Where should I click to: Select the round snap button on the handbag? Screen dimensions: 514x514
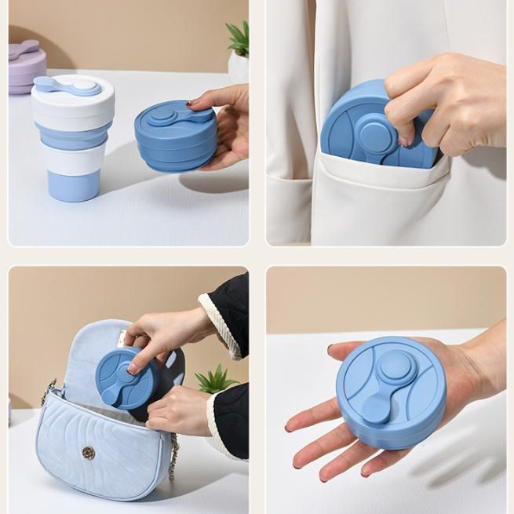(89, 453)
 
